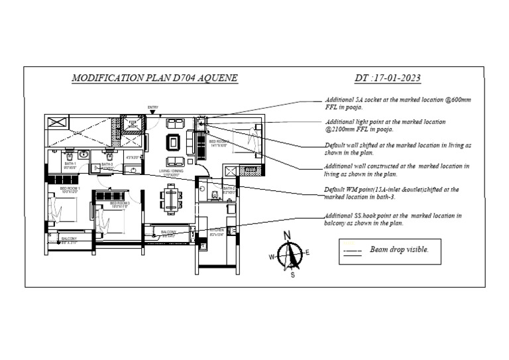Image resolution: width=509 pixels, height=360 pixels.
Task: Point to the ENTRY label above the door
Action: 153,107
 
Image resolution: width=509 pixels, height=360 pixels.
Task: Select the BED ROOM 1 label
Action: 70,189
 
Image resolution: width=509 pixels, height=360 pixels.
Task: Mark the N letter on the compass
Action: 287,235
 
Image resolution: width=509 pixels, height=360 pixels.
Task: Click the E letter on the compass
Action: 308,252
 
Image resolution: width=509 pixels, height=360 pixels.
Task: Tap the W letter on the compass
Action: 272,257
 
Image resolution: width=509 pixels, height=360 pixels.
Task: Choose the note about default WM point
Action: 391,193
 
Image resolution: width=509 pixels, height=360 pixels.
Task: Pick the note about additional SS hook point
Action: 393,219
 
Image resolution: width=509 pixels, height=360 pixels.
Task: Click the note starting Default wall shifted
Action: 398,148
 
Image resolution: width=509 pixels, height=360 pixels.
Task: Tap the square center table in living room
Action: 174,142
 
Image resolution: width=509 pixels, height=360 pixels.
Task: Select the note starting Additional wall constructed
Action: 396,170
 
